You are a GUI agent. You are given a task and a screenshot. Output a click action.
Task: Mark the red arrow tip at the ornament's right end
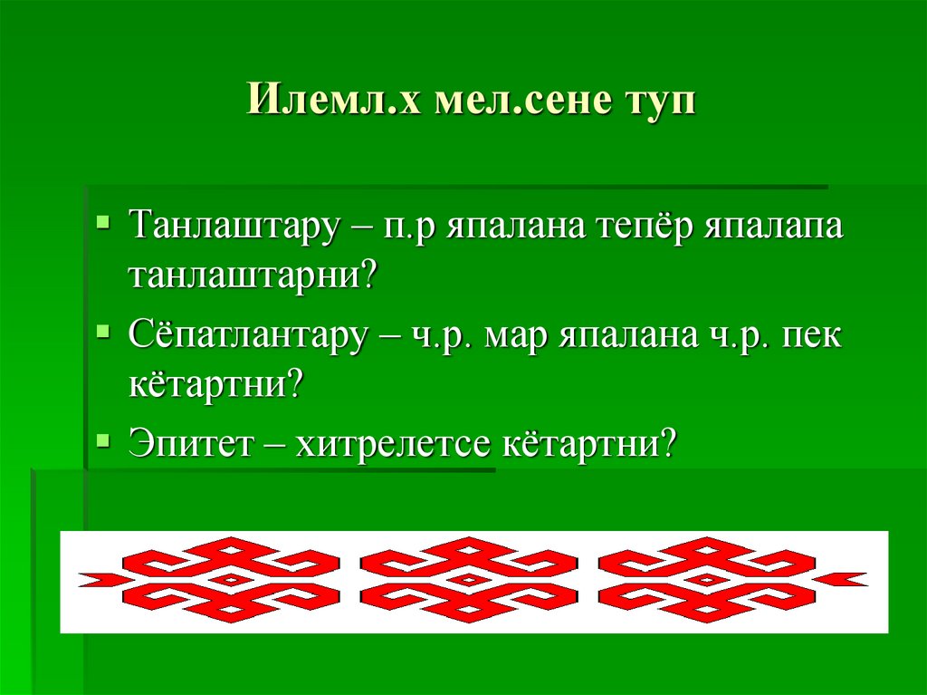(851, 578)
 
